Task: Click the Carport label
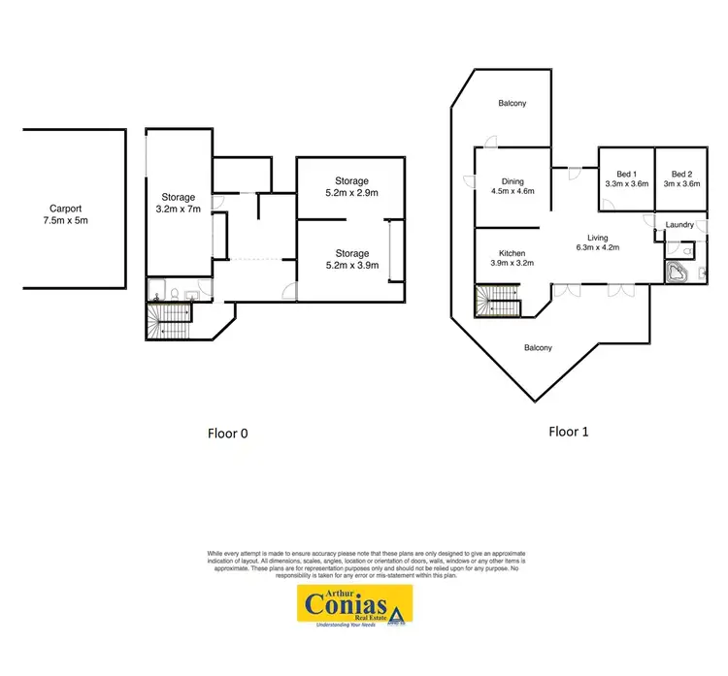(66, 208)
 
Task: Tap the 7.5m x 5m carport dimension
(66, 220)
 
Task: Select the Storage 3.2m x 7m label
(179, 203)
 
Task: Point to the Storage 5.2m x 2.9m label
(351, 186)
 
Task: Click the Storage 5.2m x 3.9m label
(351, 260)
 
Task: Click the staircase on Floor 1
(497, 303)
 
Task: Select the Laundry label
(679, 226)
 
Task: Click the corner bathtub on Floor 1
(678, 272)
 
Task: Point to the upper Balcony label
(513, 103)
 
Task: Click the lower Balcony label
(539, 347)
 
